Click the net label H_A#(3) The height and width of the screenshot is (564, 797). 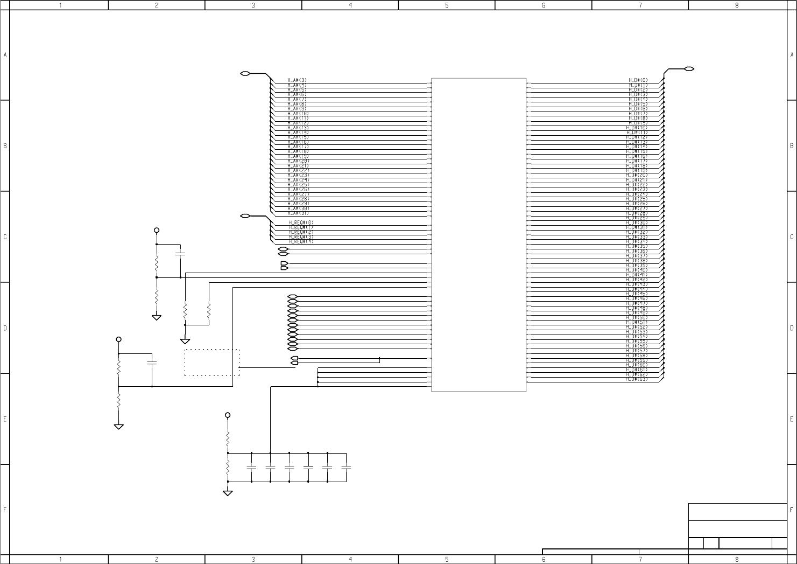[297, 80]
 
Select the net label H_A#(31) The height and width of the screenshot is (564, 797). [298, 213]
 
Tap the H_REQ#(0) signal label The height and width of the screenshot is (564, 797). [301, 222]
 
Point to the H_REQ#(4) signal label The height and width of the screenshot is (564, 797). [301, 241]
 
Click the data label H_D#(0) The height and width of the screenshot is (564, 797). [638, 80]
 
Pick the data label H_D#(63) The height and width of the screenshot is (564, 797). [637, 379]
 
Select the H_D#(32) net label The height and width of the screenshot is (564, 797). [637, 232]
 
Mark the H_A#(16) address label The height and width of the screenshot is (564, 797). [298, 142]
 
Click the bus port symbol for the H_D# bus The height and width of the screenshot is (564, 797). [689, 69]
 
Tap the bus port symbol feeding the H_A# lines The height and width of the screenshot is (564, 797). [245, 73]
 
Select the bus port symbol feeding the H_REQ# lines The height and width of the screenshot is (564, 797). [245, 216]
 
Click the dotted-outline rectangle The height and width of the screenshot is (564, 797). [212, 363]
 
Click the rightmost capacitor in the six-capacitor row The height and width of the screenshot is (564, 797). [346, 467]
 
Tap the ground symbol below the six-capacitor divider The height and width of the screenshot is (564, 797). [228, 492]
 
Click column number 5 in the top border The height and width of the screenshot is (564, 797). [447, 5]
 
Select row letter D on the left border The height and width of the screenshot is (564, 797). [5, 328]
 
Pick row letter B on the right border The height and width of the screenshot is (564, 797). [792, 146]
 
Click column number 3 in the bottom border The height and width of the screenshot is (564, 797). [253, 560]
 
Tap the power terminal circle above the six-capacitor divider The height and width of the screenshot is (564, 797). [228, 415]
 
